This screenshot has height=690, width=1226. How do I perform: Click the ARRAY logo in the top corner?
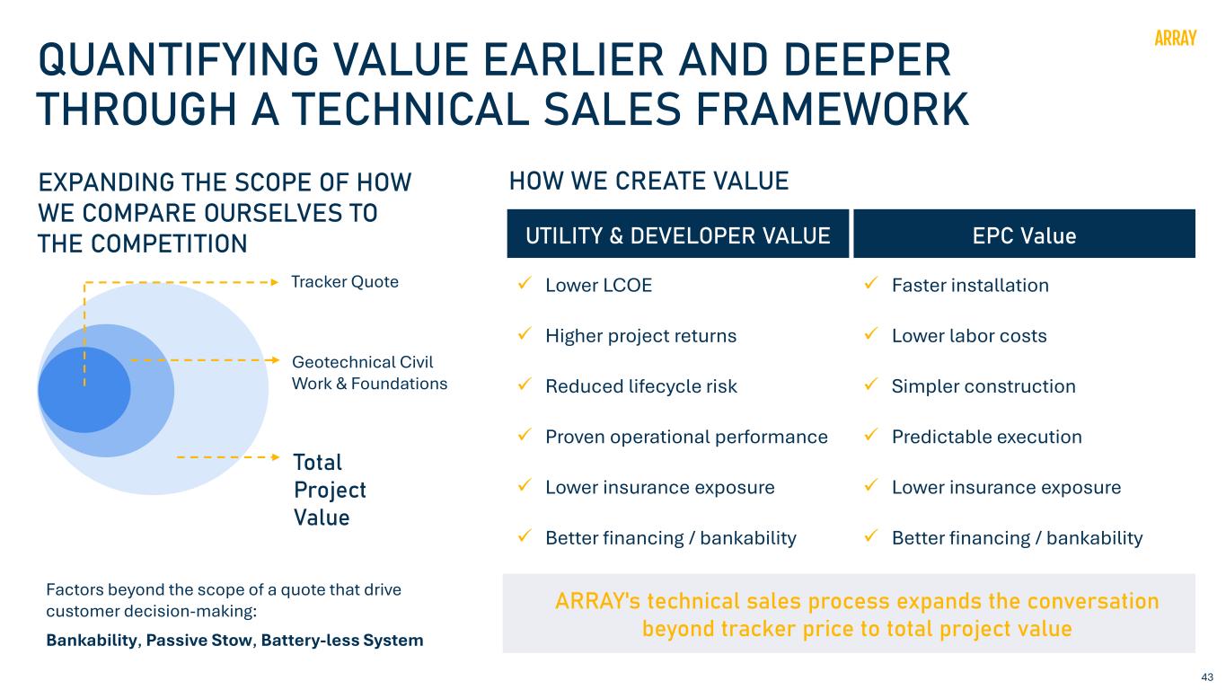[1175, 39]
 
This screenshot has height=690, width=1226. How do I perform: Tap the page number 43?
[1207, 677]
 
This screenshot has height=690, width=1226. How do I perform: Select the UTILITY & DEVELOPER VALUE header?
[677, 235]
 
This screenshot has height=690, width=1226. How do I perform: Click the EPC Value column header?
[1024, 236]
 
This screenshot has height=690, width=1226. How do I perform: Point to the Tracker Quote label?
[345, 281]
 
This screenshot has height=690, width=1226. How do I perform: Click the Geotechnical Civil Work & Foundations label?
[369, 373]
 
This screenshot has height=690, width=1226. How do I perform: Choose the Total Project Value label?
[330, 490]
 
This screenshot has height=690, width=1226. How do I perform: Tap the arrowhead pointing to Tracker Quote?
[276, 283]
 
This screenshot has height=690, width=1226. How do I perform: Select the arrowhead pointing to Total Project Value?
[276, 457]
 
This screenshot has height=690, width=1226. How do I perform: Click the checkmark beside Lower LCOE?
[525, 283]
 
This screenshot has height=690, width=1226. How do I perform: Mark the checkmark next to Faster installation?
[871, 283]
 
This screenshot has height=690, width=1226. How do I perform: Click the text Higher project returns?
[641, 336]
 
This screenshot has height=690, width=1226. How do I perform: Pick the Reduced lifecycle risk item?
[641, 386]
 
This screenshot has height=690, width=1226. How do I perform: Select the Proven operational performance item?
[686, 437]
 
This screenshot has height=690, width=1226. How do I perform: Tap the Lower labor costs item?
[969, 336]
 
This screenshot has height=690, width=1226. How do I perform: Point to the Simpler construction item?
[983, 386]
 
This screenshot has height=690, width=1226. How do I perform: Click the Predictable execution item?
[987, 437]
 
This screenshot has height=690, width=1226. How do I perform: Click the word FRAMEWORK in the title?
[833, 109]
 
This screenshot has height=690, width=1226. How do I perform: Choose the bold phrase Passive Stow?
[198, 641]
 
